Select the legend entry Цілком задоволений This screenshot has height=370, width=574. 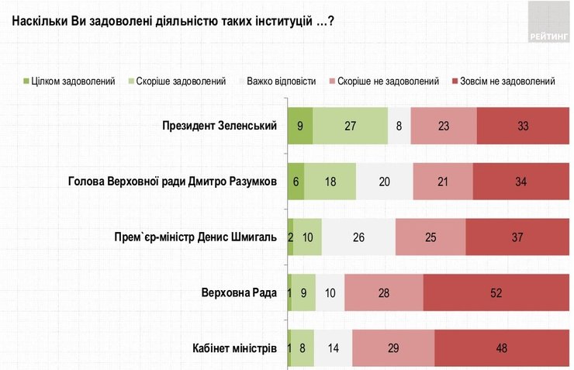click(x=69, y=81)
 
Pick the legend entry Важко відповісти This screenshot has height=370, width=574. click(x=281, y=81)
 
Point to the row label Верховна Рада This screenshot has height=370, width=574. click(x=240, y=292)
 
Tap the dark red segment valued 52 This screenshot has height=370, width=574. click(x=496, y=292)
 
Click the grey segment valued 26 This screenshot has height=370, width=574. click(x=358, y=237)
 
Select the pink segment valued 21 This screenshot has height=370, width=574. click(x=442, y=181)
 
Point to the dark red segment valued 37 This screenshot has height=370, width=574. click(x=517, y=237)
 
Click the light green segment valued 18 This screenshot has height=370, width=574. click(x=330, y=181)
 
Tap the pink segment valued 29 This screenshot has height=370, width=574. click(x=393, y=348)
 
